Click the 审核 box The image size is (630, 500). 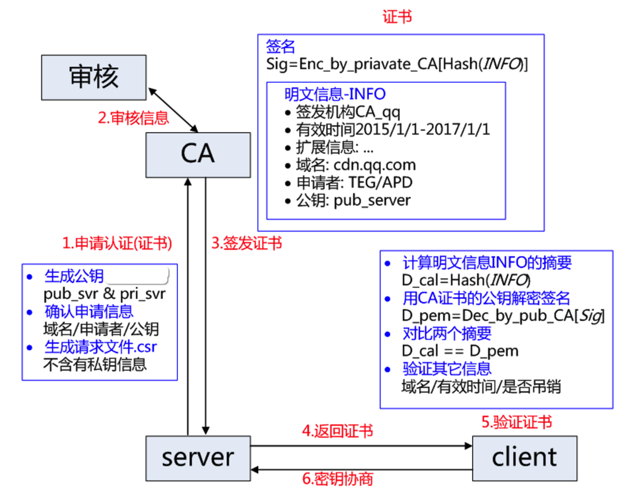pos(94,77)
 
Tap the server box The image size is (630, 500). pos(198,457)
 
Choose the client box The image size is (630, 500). pos(524,457)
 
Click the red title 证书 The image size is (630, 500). pos(397,16)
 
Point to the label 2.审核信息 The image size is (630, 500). pos(134,119)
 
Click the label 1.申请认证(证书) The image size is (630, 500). pos(117,243)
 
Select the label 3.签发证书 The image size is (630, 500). pos(246,243)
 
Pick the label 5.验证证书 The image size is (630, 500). pos(516,423)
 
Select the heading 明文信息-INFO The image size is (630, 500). pos(335,94)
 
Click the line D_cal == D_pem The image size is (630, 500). pos(460,351)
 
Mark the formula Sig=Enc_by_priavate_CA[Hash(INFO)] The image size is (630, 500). pos(397,63)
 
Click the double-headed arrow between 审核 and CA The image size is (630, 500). pos(173,110)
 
